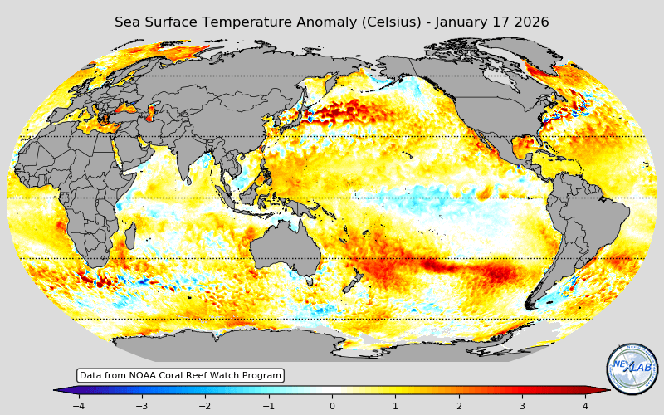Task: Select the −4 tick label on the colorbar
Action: (x=78, y=406)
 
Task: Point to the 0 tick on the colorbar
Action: (x=332, y=406)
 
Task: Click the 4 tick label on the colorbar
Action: (x=585, y=406)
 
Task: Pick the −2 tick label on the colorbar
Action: (x=204, y=406)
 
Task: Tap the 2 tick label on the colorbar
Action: (x=458, y=406)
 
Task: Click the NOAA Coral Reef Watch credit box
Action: (x=180, y=376)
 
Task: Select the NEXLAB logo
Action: (x=632, y=369)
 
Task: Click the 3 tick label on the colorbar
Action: (x=522, y=406)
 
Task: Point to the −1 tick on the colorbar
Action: (x=268, y=406)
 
